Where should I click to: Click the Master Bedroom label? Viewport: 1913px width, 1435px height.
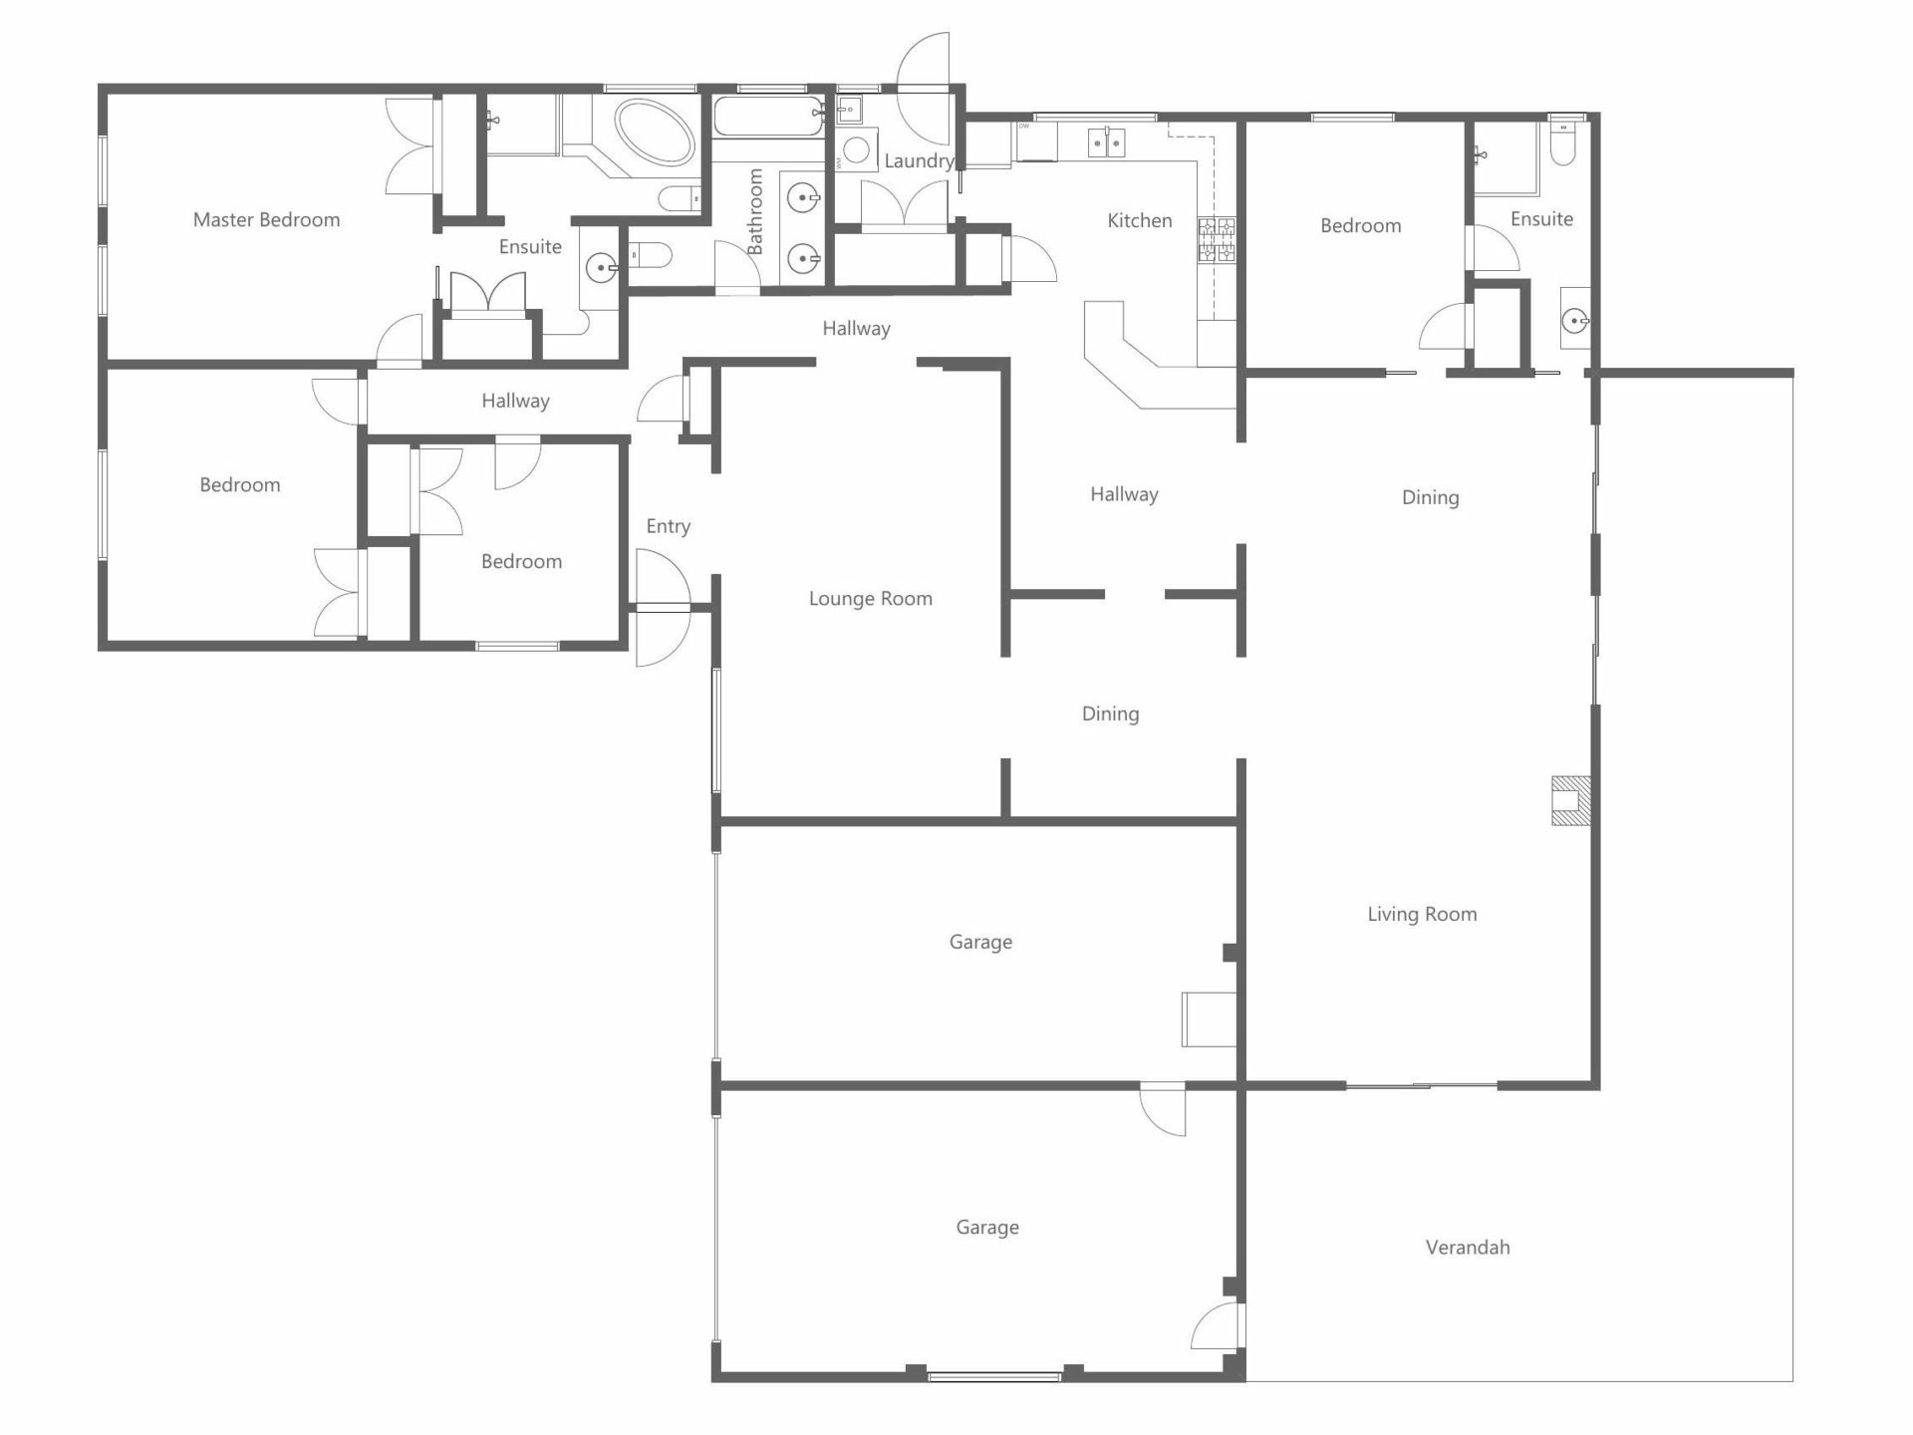266,220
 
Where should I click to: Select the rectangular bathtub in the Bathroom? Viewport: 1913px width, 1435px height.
768,116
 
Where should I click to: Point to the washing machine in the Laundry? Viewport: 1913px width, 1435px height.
856,150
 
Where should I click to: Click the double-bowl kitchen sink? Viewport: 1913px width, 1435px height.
1106,143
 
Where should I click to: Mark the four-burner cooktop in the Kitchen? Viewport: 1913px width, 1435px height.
1217,240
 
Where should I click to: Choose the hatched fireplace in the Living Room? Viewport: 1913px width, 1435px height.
1570,800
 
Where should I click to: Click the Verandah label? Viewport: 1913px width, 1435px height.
1468,1248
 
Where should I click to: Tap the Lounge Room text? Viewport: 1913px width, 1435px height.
871,599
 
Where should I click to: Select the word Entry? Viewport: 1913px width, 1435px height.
668,527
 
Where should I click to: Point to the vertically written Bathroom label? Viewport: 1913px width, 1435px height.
755,211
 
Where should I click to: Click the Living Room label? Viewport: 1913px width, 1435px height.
1422,915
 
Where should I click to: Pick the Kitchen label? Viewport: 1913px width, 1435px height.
1140,221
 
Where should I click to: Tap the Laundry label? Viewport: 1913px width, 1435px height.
919,161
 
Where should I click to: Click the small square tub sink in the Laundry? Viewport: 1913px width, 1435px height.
850,108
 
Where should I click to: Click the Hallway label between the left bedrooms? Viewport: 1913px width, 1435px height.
515,402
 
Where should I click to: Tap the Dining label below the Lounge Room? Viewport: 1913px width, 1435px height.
1110,715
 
